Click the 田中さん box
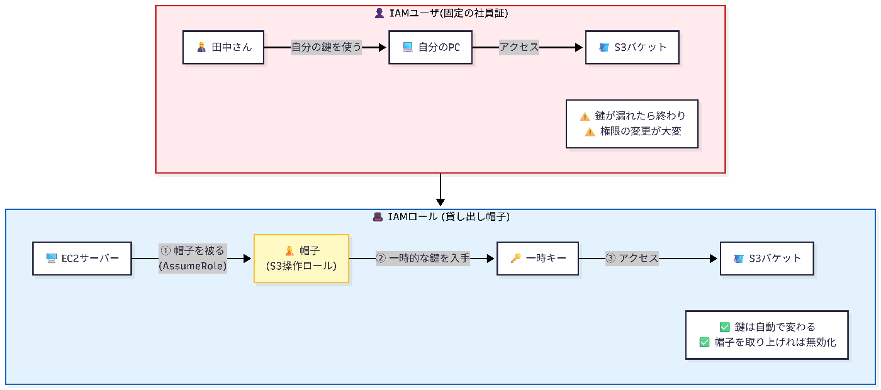click(223, 47)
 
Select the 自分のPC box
click(430, 47)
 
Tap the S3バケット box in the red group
click(632, 47)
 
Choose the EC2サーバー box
click(82, 258)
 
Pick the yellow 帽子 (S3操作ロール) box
click(301, 258)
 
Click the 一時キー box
click(537, 258)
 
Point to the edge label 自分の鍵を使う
click(326, 47)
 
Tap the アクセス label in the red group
click(519, 47)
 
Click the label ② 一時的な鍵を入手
click(423, 258)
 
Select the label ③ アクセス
click(632, 258)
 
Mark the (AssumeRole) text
click(193, 265)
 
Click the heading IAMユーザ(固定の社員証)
click(441, 13)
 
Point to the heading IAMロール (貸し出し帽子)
click(441, 217)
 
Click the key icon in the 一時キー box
click(515, 258)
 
